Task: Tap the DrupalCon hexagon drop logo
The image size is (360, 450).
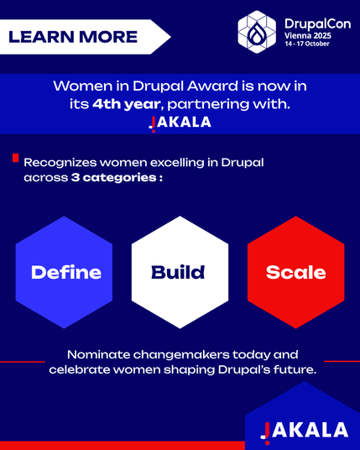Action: [257, 32]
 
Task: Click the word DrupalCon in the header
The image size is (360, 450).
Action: [317, 24]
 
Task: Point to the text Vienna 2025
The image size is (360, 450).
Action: [308, 35]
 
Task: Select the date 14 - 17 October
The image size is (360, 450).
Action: [307, 44]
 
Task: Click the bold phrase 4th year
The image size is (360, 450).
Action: [126, 104]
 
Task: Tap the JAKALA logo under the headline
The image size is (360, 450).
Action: [180, 123]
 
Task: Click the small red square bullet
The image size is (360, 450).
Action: [15, 158]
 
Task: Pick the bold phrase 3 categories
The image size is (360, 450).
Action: [113, 178]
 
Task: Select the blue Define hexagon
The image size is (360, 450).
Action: [64, 272]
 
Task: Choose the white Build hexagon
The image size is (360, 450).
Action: [180, 272]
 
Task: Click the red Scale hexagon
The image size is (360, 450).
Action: [295, 272]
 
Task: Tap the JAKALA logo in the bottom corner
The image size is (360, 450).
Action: [305, 432]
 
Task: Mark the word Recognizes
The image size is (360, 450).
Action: [60, 163]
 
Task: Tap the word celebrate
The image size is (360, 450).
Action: [79, 369]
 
